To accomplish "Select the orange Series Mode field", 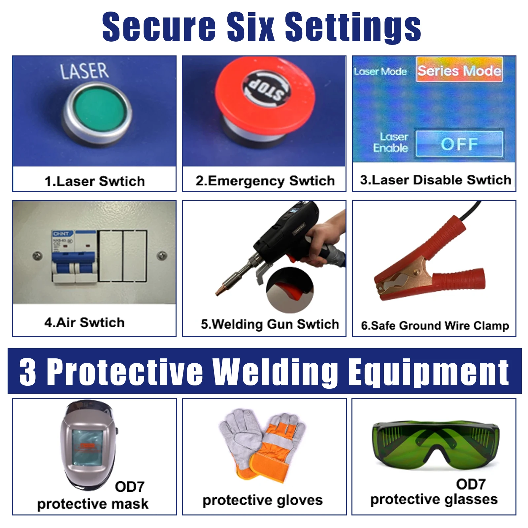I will (x=459, y=70).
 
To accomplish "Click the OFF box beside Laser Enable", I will (x=459, y=144).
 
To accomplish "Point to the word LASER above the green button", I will (x=84, y=71).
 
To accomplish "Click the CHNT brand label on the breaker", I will (x=61, y=234).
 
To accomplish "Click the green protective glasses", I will (x=435, y=444).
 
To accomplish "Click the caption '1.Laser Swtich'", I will (x=95, y=181).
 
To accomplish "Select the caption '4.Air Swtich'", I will (x=84, y=322).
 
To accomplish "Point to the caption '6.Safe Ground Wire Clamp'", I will (x=435, y=325).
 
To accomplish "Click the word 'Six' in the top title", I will (x=250, y=26).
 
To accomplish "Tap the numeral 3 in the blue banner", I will (x=28, y=372).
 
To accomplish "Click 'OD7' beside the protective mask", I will (x=130, y=487).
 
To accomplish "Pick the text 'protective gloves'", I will (x=262, y=500).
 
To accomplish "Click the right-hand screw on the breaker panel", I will (x=162, y=255).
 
